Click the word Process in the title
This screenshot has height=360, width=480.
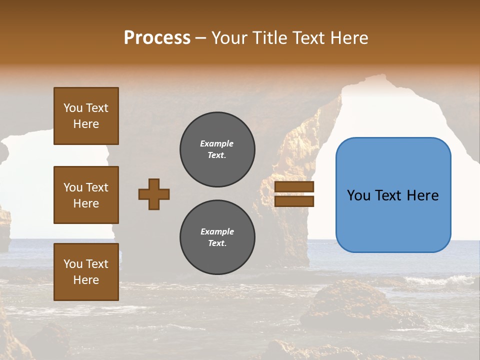(157, 38)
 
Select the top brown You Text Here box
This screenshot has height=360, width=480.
(86, 116)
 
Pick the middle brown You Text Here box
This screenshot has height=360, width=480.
(86, 195)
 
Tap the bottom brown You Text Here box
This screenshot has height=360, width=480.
(86, 272)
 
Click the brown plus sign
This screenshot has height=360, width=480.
(154, 194)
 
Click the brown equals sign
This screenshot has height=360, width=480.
(294, 194)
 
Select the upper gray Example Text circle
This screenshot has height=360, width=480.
(217, 149)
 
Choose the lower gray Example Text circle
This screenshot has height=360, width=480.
(217, 237)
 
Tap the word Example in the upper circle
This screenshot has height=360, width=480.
(217, 144)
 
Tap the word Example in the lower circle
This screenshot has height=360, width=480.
(217, 232)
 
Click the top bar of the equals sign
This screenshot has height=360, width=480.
(294, 187)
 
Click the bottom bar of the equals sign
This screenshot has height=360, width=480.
(294, 201)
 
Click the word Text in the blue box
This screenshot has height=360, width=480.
(388, 195)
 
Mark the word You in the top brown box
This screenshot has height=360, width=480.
(72, 108)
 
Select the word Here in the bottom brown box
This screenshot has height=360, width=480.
(86, 280)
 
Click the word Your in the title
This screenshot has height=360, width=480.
(230, 38)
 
